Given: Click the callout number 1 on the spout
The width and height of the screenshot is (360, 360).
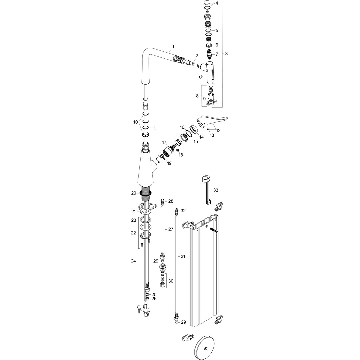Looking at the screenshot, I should coord(173,46).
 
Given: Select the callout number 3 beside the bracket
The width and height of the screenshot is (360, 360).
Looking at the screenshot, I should coord(227,54).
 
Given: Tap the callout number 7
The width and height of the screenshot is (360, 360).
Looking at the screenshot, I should coord(217,54).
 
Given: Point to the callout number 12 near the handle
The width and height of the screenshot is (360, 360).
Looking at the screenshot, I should coord(218,131).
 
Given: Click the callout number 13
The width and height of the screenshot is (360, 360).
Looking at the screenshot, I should coord(212,135).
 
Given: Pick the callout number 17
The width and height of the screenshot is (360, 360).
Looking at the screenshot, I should coord(164,142).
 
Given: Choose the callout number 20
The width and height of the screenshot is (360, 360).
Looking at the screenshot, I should coord(133,193).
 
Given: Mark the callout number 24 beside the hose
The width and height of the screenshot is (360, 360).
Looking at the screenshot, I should coord(133,261).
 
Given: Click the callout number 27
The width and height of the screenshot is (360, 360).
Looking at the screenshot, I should coord(171,229).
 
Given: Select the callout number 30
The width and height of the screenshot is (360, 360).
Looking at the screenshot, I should coord(171,281).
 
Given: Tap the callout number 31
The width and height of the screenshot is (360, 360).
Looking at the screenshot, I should coord(183,256).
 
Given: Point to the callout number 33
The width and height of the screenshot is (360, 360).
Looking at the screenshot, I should coord(216,190).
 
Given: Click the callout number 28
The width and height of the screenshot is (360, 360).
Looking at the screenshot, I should coord(171,201).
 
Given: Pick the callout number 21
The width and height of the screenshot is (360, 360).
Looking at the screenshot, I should coord(133,211).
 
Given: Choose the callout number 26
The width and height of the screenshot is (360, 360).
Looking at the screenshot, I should coord(154,299).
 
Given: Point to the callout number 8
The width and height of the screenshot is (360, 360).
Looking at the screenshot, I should coord(197,96).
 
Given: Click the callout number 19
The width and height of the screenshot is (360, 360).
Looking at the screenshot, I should coord(169,163).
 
